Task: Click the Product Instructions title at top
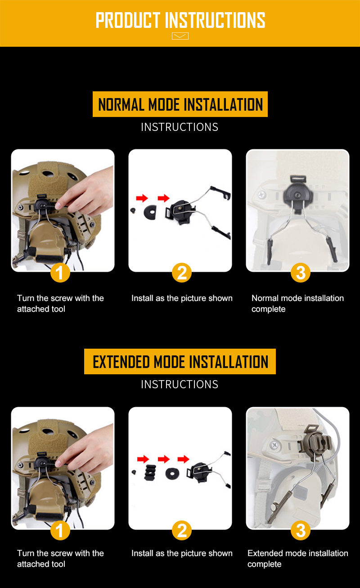tap(180, 20)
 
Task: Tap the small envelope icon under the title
tap(180, 36)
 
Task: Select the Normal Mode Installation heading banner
tap(180, 104)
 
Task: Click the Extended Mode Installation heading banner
tap(180, 362)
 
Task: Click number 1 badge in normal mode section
tap(60, 273)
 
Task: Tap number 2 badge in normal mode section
tap(182, 273)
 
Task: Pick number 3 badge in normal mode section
tap(301, 273)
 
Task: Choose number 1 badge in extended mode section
tap(60, 531)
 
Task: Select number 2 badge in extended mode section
tap(182, 531)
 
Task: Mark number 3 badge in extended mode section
tap(301, 531)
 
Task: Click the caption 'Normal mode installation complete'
tap(297, 304)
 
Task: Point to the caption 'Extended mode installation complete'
tap(297, 559)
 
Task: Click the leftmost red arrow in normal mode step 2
tap(142, 198)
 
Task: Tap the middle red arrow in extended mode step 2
tap(164, 459)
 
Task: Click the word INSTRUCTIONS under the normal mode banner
tap(180, 127)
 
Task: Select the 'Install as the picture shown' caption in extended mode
tap(182, 553)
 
